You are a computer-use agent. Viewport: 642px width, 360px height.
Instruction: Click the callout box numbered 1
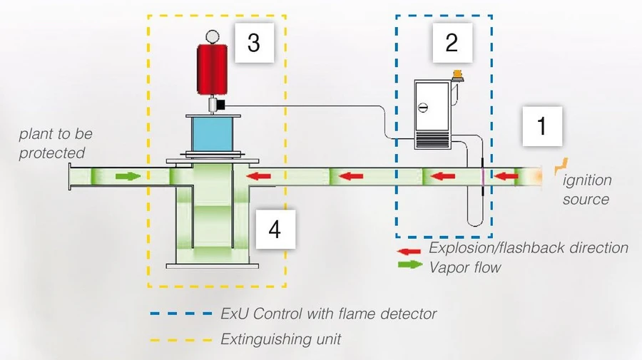point(541,128)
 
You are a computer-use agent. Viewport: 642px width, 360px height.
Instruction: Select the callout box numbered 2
point(451,43)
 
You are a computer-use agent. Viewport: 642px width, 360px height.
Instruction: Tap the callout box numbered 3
point(254,43)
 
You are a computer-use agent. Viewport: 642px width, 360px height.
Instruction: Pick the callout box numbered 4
point(274,230)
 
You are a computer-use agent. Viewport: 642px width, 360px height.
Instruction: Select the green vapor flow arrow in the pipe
point(128,175)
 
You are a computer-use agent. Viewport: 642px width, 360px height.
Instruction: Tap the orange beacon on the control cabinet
point(457,73)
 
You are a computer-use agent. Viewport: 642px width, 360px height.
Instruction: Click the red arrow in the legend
point(409,252)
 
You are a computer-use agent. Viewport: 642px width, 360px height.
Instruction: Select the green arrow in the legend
point(409,267)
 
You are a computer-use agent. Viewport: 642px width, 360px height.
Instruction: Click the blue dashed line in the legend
point(181,314)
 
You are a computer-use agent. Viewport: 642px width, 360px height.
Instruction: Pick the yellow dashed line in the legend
point(181,339)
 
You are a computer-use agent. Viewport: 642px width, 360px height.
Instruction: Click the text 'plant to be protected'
point(54,143)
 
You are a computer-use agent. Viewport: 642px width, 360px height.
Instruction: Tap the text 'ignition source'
point(586,190)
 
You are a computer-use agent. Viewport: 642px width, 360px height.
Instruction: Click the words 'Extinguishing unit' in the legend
point(280,339)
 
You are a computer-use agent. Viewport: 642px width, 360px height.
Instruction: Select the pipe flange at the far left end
point(70,175)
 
